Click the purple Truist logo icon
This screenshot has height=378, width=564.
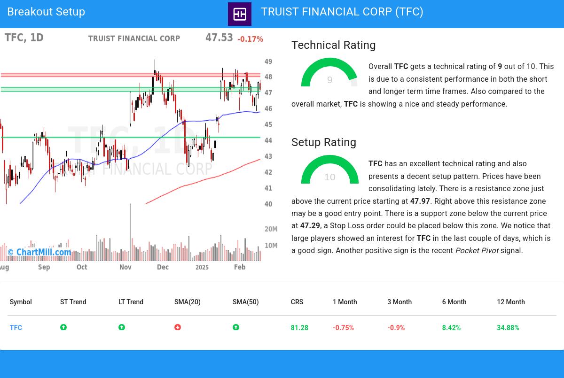(240, 14)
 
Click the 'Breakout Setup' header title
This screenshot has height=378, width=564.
(46, 12)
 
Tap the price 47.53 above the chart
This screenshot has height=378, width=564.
(219, 38)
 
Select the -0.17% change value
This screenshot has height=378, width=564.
(250, 39)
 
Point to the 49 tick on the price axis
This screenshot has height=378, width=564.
(268, 62)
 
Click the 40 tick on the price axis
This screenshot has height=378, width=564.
(268, 204)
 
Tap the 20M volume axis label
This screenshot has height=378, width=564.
(271, 229)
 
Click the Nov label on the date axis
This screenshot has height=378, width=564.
(125, 267)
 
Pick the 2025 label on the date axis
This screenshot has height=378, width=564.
(202, 267)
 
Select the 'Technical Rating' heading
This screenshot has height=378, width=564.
(334, 45)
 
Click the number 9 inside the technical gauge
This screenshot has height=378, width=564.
(330, 80)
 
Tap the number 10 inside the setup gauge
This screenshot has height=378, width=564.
(330, 177)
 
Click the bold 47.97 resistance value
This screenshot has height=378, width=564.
(420, 201)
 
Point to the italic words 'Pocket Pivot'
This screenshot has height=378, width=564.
(477, 251)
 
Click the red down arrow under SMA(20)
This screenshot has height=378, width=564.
(178, 327)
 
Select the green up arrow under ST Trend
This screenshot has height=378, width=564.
(63, 327)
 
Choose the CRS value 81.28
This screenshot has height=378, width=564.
(299, 328)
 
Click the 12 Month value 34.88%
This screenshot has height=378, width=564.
(508, 328)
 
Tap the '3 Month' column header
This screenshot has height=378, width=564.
(399, 302)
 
